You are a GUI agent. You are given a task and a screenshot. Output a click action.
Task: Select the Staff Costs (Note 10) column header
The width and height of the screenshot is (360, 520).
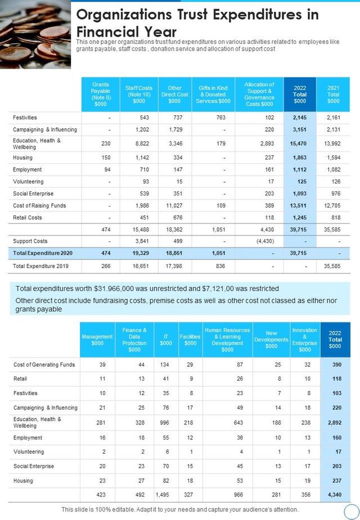pyautogui.click(x=138, y=95)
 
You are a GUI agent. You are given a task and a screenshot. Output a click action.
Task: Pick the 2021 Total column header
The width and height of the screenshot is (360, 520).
pyautogui.click(x=333, y=95)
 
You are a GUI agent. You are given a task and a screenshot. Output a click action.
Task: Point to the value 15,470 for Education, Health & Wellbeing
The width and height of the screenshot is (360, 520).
pyautogui.click(x=300, y=144)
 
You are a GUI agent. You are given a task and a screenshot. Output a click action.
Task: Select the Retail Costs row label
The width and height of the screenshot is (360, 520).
pyautogui.click(x=28, y=218)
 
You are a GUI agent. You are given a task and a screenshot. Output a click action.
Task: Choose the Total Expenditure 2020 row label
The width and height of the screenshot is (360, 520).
pyautogui.click(x=43, y=253)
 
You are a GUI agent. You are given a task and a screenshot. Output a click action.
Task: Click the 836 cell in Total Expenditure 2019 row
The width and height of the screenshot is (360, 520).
pyautogui.click(x=220, y=266)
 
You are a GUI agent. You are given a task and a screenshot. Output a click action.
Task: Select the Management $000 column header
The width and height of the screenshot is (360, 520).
pyautogui.click(x=97, y=340)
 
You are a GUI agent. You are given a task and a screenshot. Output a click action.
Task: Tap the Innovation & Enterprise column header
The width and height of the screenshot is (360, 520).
pyautogui.click(x=304, y=340)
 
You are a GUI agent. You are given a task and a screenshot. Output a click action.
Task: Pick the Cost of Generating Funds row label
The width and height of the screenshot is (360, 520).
pyautogui.click(x=44, y=365)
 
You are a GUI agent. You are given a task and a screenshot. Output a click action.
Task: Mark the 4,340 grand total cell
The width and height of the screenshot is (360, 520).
pyautogui.click(x=335, y=495)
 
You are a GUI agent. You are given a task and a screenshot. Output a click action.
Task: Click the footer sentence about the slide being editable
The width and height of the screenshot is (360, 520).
pyautogui.click(x=180, y=509)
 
